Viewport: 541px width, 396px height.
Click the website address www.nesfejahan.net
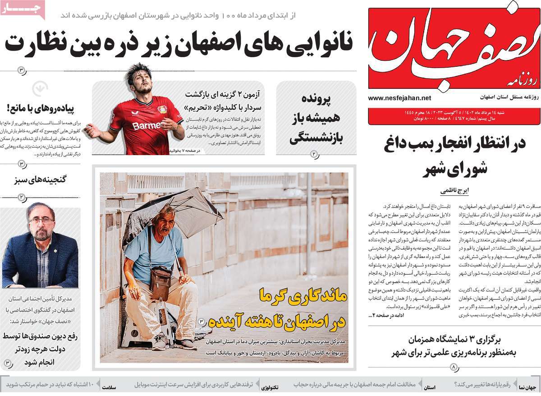(399, 98)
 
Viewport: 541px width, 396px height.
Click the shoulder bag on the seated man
(160, 282)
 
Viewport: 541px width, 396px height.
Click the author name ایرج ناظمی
(454, 191)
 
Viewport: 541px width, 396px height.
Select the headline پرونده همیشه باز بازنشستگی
(316, 119)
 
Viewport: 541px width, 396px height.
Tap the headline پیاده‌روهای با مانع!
(43, 108)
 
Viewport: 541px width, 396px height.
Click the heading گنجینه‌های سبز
(41, 179)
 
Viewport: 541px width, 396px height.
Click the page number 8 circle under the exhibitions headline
(454, 367)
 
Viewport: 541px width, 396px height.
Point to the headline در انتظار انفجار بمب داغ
(454, 144)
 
